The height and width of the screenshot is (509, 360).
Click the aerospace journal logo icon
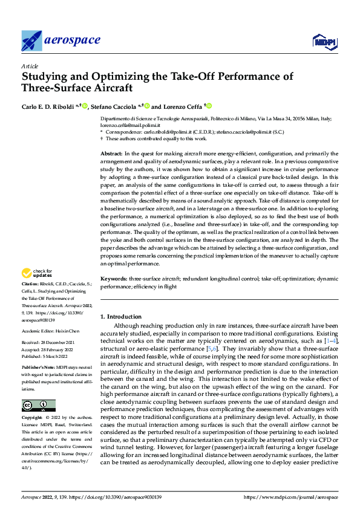[x=32, y=41]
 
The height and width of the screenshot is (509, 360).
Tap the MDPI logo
[x=324, y=41]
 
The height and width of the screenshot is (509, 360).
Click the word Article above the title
[x=30, y=66]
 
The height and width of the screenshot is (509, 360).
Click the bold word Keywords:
[x=113, y=279]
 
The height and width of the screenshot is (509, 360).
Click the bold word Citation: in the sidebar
[x=31, y=283]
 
